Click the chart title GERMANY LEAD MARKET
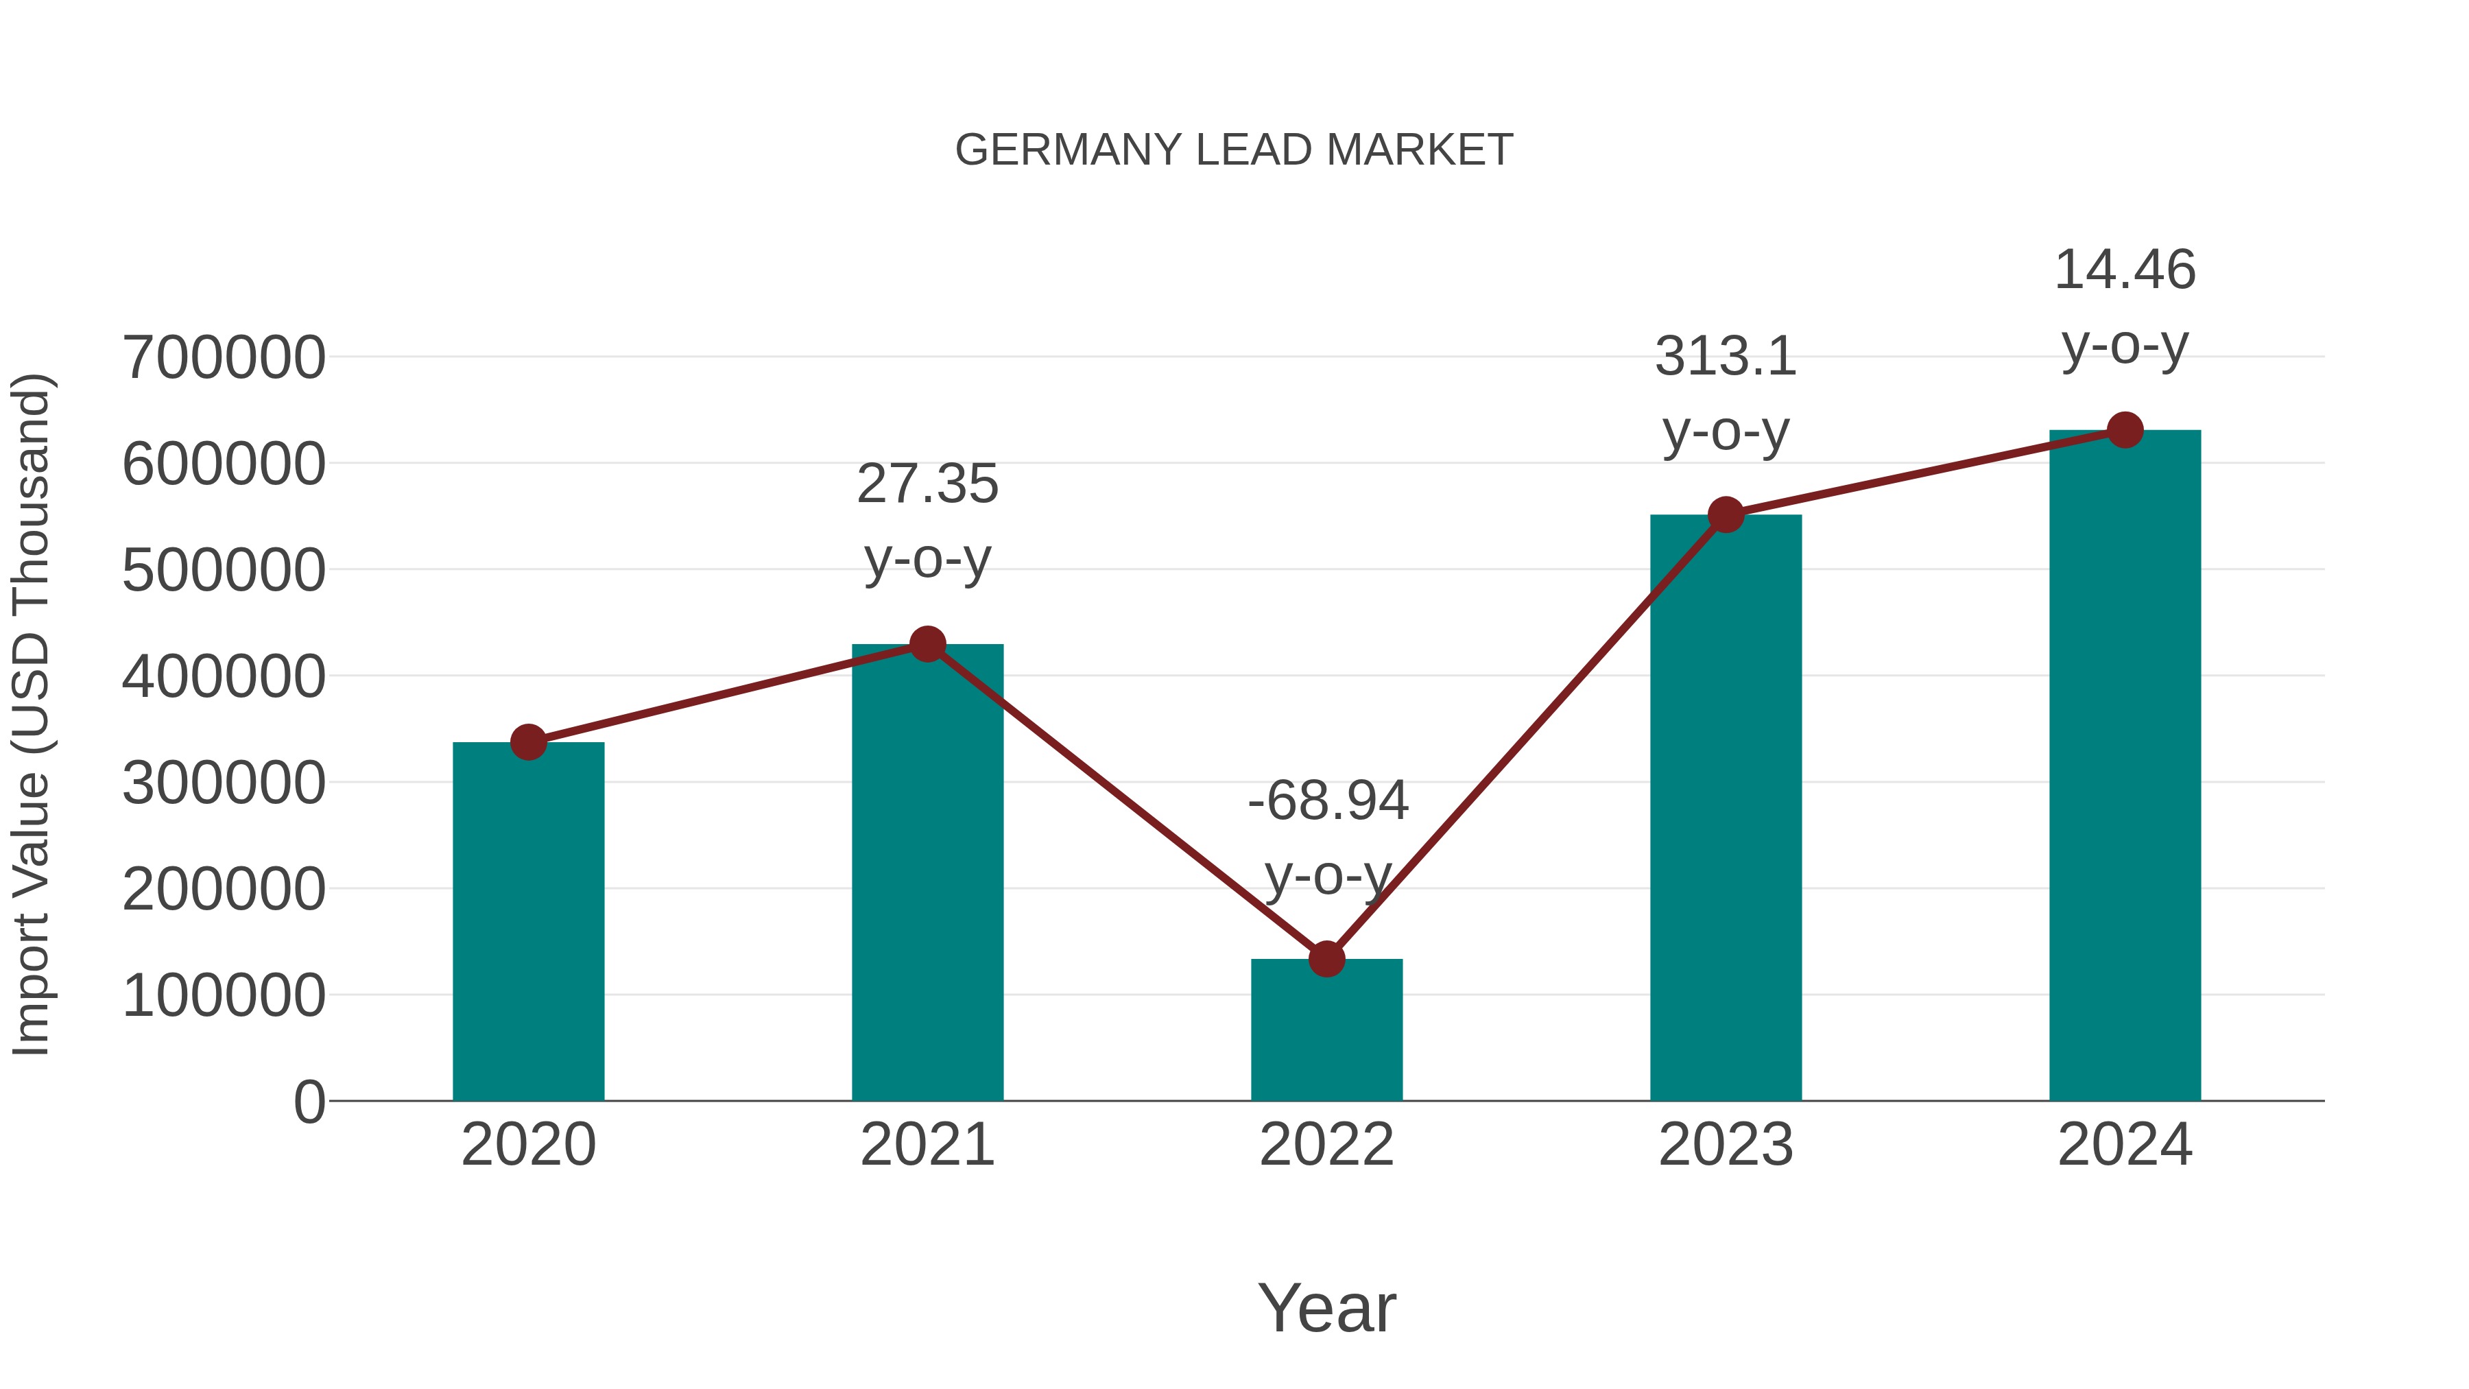coord(1234,150)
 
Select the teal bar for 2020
coord(528,921)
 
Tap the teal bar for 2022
coord(1326,1030)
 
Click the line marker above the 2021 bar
coord(927,644)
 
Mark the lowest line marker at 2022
coord(1326,959)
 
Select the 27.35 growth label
coord(927,484)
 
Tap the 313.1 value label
coord(1726,357)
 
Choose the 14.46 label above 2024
coord(2125,270)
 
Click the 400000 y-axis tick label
coord(224,677)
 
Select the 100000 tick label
coord(224,995)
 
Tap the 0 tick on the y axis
coord(309,1102)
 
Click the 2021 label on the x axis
coord(927,1145)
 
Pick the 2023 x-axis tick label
coord(1726,1145)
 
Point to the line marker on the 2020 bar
coord(528,742)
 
